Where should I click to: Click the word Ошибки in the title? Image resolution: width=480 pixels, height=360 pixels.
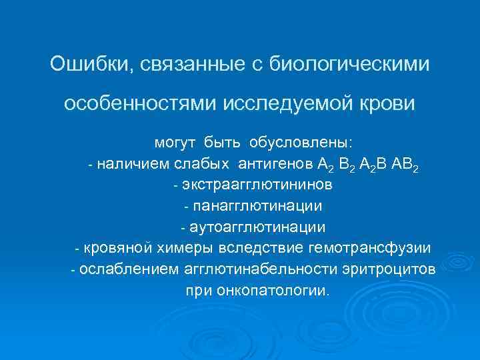(84, 65)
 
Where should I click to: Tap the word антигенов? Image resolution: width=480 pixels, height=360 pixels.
(274, 164)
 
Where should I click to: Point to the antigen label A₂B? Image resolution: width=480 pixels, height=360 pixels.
(371, 165)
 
